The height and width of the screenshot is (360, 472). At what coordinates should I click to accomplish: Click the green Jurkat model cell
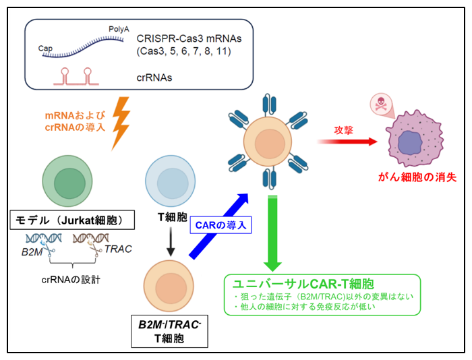coord(65,182)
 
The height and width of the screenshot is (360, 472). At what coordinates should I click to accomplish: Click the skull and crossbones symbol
coord(379,105)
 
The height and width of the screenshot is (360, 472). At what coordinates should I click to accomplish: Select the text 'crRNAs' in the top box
coord(154,78)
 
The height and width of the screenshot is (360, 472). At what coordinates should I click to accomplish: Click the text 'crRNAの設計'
coord(70,278)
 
